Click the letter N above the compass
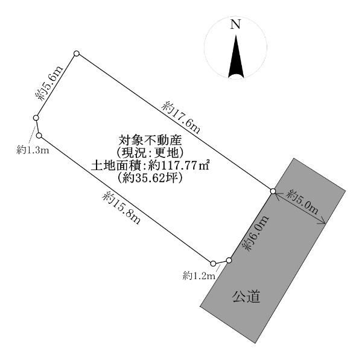click(235, 24)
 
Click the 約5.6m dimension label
click(49, 84)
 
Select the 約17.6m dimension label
click(181, 118)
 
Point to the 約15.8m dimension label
click(121, 208)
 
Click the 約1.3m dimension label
click(33, 151)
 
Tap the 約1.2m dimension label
click(199, 276)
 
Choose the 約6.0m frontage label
click(256, 233)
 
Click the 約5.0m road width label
click(302, 202)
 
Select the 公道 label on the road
click(246, 297)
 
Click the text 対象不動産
click(150, 140)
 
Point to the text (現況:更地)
click(150, 153)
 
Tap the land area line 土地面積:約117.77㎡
click(150, 165)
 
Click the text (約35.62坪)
click(150, 178)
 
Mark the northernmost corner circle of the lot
click(77, 54)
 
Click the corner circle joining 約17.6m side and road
click(273, 191)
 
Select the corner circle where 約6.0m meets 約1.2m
click(229, 261)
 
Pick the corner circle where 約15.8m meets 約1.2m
click(214, 264)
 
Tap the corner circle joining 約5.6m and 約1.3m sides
click(36, 118)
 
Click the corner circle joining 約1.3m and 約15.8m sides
click(39, 136)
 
